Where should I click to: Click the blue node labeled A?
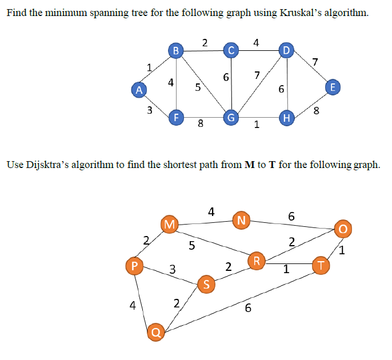point(138,89)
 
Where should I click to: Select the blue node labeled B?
point(176,51)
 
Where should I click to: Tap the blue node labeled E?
point(333,87)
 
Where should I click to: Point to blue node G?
point(231,118)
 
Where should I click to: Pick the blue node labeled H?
point(286,118)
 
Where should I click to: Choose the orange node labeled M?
point(169,223)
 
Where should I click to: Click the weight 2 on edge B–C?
point(205,41)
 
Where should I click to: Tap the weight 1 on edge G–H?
point(257,125)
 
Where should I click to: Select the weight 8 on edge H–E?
point(317,111)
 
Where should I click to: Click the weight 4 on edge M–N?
point(211,211)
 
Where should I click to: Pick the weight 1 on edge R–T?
point(286,271)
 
